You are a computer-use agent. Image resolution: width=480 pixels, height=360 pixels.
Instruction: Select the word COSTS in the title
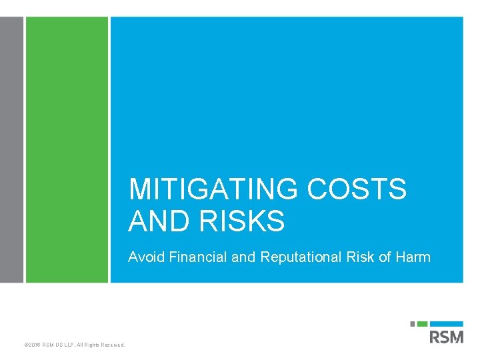coord(357,189)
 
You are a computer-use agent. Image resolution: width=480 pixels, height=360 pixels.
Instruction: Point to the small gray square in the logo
coord(413,324)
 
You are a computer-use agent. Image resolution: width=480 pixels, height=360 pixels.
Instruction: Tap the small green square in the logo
coord(421,324)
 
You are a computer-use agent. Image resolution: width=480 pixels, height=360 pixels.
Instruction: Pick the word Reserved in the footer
coord(112,345)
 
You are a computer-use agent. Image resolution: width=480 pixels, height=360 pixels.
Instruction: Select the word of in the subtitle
coord(385,257)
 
